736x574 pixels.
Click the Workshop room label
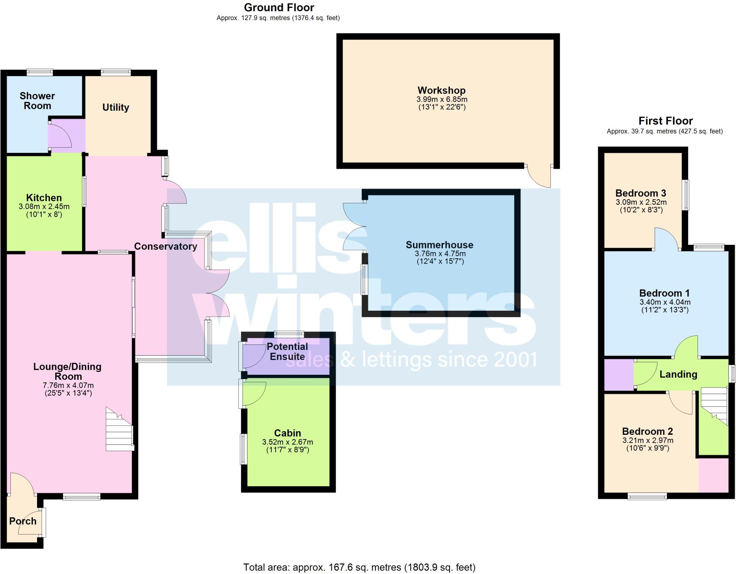[441, 90]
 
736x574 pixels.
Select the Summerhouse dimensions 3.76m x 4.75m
[440, 254]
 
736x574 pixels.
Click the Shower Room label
[37, 101]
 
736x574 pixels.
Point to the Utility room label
[115, 107]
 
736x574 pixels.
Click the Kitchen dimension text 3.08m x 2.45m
[44, 207]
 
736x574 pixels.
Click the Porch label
[23, 521]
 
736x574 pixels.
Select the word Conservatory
[165, 246]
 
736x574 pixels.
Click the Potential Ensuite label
[287, 352]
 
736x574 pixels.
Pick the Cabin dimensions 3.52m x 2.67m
[287, 442]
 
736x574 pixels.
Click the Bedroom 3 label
[641, 193]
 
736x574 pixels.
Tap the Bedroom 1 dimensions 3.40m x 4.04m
[665, 302]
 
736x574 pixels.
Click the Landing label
[678, 374]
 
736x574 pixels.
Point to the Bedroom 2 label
[647, 431]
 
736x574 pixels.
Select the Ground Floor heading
[279, 7]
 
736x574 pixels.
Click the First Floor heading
[665, 120]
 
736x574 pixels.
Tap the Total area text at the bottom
[359, 567]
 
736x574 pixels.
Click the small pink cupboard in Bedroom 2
[713, 475]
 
